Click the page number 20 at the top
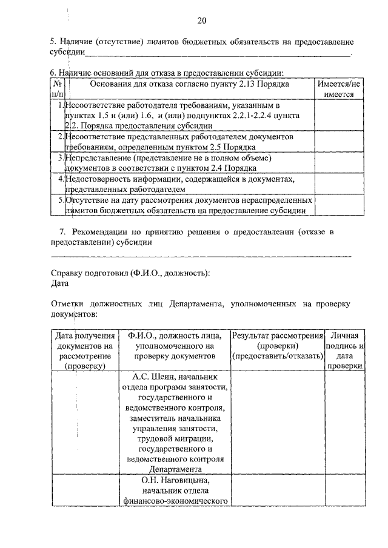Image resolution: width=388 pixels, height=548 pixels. (x=202, y=21)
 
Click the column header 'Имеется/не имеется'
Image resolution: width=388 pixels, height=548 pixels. (x=339, y=90)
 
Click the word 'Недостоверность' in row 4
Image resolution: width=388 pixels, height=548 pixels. (x=99, y=179)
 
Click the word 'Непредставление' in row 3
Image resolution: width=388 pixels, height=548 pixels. (x=100, y=158)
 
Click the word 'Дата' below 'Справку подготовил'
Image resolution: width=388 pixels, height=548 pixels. (x=60, y=283)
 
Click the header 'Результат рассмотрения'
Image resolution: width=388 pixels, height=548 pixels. (x=277, y=335)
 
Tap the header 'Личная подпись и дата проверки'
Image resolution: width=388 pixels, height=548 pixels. (x=345, y=350)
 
